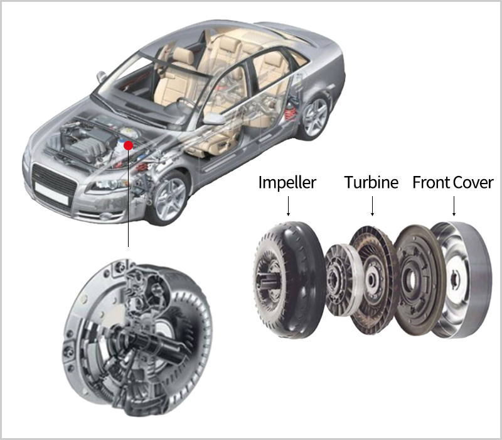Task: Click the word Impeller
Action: [287, 182]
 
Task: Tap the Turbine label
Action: [371, 182]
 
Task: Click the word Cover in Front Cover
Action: [473, 182]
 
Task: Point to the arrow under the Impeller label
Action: [288, 206]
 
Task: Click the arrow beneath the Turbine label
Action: [372, 206]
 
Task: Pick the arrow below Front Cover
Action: [454, 206]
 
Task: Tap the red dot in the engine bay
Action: [129, 146]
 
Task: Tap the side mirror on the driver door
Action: [214, 118]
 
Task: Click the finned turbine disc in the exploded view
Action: [373, 280]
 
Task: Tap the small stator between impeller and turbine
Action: [343, 280]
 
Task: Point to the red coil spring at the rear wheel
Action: [291, 111]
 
